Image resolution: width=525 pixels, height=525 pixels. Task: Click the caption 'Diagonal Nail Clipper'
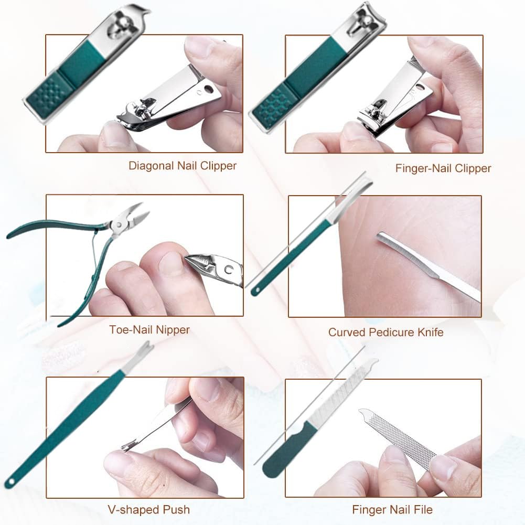[183, 166]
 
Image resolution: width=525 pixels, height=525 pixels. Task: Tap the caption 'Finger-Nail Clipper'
[443, 168]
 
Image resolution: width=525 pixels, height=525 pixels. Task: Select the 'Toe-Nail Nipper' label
[149, 330]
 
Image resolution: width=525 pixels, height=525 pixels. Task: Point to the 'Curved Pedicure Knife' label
[385, 332]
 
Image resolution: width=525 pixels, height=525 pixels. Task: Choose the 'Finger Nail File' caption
[392, 509]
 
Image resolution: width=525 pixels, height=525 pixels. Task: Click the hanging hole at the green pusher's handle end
[9, 481]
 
